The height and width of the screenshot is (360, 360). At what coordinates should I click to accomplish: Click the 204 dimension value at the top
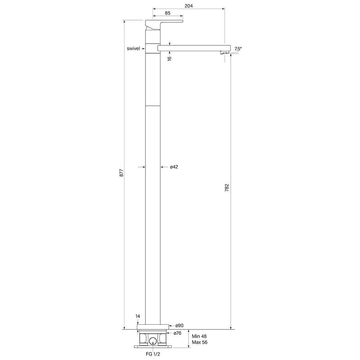tap(189, 6)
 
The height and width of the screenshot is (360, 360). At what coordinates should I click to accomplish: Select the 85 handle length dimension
tap(168, 13)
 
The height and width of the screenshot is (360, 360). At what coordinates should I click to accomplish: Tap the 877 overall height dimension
tap(121, 173)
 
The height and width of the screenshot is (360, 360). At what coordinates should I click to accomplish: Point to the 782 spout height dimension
tap(226, 188)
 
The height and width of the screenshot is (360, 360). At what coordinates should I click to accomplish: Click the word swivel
tap(134, 49)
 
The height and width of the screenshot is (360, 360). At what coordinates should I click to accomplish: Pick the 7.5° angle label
tap(238, 49)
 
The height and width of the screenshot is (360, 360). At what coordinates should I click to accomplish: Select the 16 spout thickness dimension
tap(170, 58)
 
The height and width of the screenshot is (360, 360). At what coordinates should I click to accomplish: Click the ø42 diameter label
tap(174, 167)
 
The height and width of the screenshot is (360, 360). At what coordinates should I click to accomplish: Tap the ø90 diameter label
tap(179, 325)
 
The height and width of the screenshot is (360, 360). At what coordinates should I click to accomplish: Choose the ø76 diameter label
tap(177, 333)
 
